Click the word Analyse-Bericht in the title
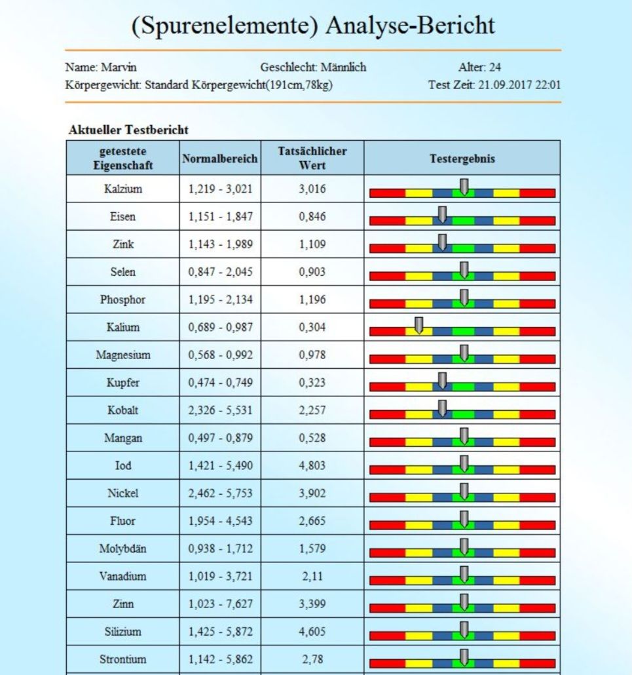pos(410,26)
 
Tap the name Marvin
pos(119,67)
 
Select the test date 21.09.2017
pos(505,85)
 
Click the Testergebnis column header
pos(462,159)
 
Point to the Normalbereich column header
pos(220,159)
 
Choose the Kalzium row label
pos(123,189)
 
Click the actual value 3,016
pos(312,189)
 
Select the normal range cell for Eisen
pos(220,216)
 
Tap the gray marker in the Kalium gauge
pos(418,326)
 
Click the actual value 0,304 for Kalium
pos(312,327)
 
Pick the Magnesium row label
pos(123,355)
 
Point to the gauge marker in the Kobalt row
pos(442,408)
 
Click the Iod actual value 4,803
pos(312,466)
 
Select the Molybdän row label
pos(123,549)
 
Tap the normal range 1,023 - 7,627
pos(220,604)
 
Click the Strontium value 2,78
pos(312,659)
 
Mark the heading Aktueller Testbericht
pos(128,130)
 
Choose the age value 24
pos(494,67)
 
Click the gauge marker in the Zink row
pos(442,242)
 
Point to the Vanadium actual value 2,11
pos(312,577)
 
